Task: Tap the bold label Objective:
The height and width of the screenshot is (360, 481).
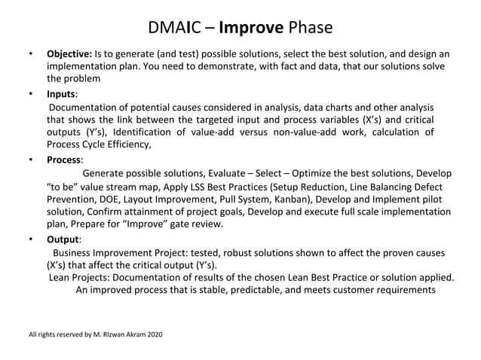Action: [x=69, y=54]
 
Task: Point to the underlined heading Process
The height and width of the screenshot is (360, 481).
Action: [x=65, y=160]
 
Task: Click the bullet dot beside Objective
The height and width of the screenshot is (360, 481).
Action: [x=30, y=54]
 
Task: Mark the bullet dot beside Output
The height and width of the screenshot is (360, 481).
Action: [x=30, y=239]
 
